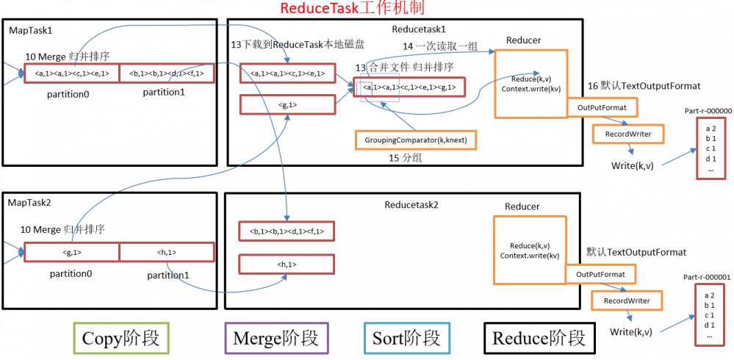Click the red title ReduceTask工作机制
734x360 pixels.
[352, 8]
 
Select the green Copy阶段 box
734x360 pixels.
[120, 338]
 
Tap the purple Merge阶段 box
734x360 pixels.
[276, 338]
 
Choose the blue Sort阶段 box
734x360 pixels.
[406, 338]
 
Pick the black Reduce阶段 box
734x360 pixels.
[539, 338]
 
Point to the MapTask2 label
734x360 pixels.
[30, 201]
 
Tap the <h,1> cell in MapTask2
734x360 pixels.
[167, 252]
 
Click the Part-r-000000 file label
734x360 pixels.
[708, 111]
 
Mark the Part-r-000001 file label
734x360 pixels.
[707, 277]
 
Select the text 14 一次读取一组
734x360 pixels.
[437, 46]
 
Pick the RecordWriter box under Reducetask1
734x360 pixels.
[627, 134]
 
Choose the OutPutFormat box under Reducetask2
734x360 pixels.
[600, 274]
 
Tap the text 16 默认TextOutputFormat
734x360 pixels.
[644, 86]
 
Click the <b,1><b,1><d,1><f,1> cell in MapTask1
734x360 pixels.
[167, 73]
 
